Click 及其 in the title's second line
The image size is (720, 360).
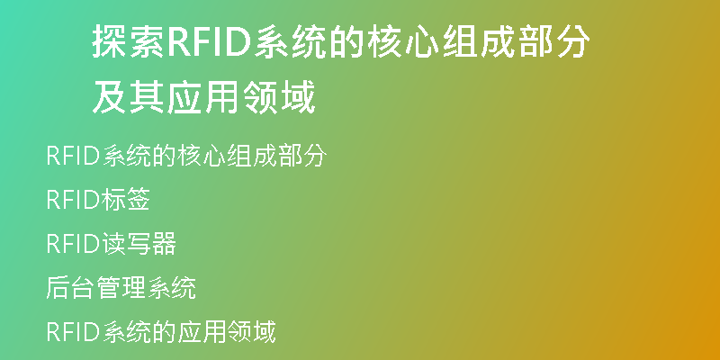pos(130,97)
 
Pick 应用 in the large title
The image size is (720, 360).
pos(204,97)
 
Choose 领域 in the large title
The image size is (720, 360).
pos(280,97)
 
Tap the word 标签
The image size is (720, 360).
pos(125,200)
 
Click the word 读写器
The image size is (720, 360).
pos(139,244)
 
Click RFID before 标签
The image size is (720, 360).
pos(73,200)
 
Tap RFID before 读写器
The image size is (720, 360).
pos(73,244)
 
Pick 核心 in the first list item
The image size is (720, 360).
pos(202,156)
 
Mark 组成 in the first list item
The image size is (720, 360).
pos(252,156)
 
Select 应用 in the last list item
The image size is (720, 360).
pos(202,332)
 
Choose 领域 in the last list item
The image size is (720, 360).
pos(252,332)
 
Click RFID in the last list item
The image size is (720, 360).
pos(73,332)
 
